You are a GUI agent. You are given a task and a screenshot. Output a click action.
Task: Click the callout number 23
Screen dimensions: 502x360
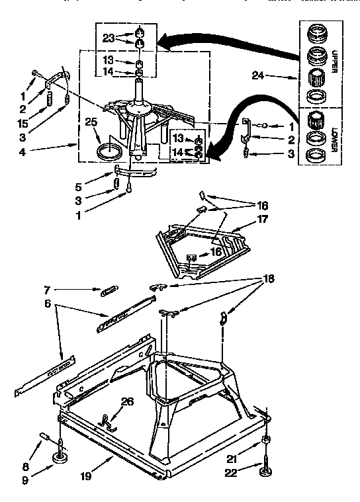(x=109, y=38)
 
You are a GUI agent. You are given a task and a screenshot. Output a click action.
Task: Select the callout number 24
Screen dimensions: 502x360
(x=259, y=77)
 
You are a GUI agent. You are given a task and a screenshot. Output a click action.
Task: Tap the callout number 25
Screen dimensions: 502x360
(x=91, y=122)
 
